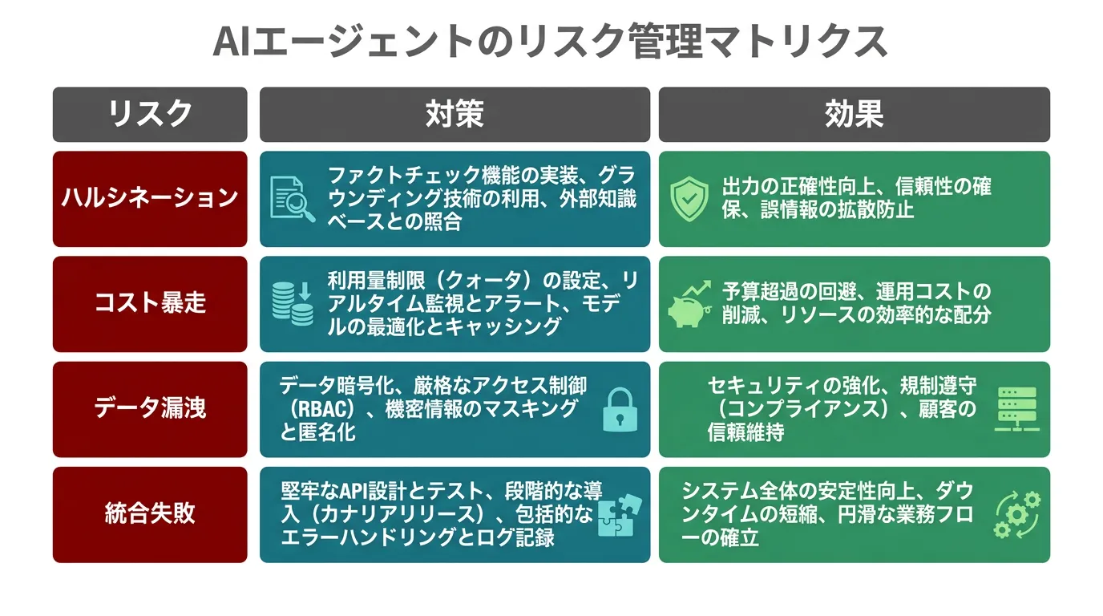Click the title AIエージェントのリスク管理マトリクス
tap(550, 42)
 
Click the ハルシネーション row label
tap(150, 199)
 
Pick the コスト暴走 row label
tap(150, 303)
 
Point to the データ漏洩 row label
tap(150, 409)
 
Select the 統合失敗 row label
tap(150, 514)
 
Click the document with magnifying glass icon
tap(293, 199)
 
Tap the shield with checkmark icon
tap(689, 199)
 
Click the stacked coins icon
tap(293, 303)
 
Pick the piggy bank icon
tap(690, 304)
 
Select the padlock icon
tap(620, 410)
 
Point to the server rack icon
tap(1016, 409)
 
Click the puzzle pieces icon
tap(620, 514)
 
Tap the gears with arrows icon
tap(1017, 514)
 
